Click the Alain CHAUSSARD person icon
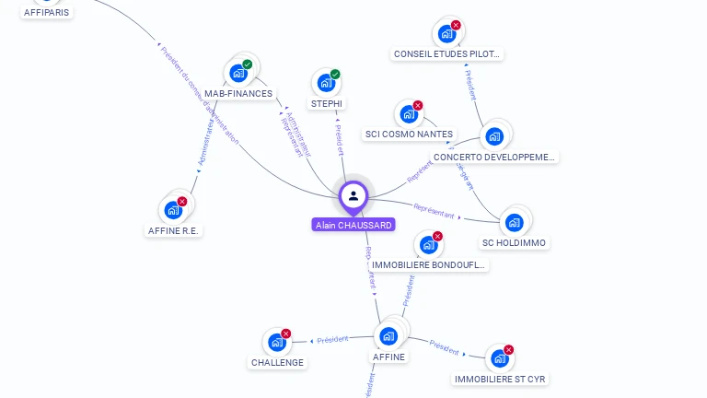[x=353, y=195]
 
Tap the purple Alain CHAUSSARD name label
[x=353, y=225]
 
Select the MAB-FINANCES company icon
[x=238, y=73]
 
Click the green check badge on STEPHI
[x=335, y=75]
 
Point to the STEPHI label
[x=327, y=103]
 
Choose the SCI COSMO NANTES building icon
[x=407, y=115]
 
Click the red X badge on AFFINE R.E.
[x=182, y=201]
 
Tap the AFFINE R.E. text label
[x=173, y=230]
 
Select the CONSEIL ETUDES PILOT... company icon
[x=446, y=34]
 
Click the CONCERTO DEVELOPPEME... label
[x=495, y=158]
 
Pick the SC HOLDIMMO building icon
[x=514, y=222]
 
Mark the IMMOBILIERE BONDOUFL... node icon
[x=427, y=245]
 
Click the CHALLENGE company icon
[x=276, y=343]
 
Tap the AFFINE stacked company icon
[x=388, y=335]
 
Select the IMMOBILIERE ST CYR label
[x=502, y=379]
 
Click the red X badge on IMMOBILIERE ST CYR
[x=508, y=350]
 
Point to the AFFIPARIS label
[x=46, y=13]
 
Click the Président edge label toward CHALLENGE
[x=332, y=339]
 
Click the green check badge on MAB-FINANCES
[x=247, y=64]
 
